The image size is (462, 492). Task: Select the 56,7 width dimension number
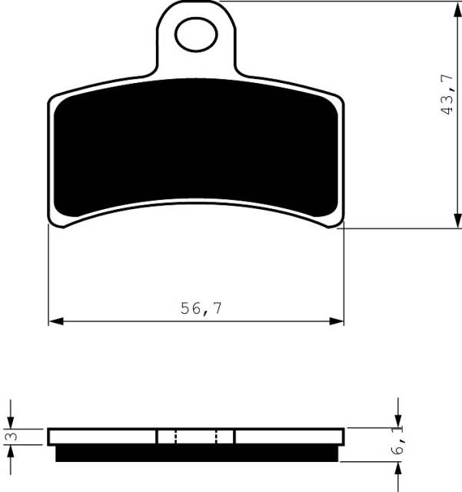[201, 308]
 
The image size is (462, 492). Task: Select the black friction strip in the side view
[197, 454]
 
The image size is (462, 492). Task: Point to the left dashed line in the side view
[176, 437]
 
